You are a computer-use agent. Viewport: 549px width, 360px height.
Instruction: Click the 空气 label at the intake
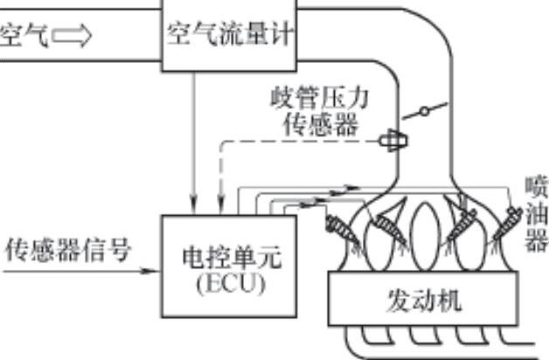22,38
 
